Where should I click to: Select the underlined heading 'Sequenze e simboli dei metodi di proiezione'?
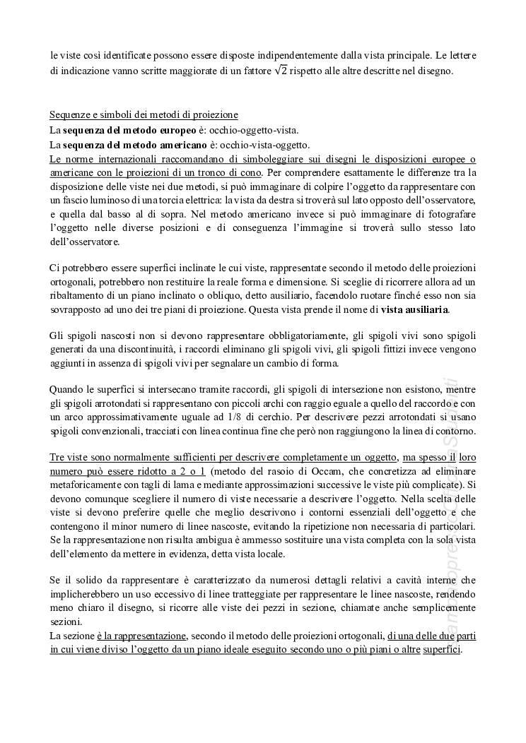(x=144, y=115)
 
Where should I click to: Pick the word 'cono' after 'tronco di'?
(x=250, y=172)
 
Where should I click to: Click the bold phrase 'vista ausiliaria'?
(x=414, y=309)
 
